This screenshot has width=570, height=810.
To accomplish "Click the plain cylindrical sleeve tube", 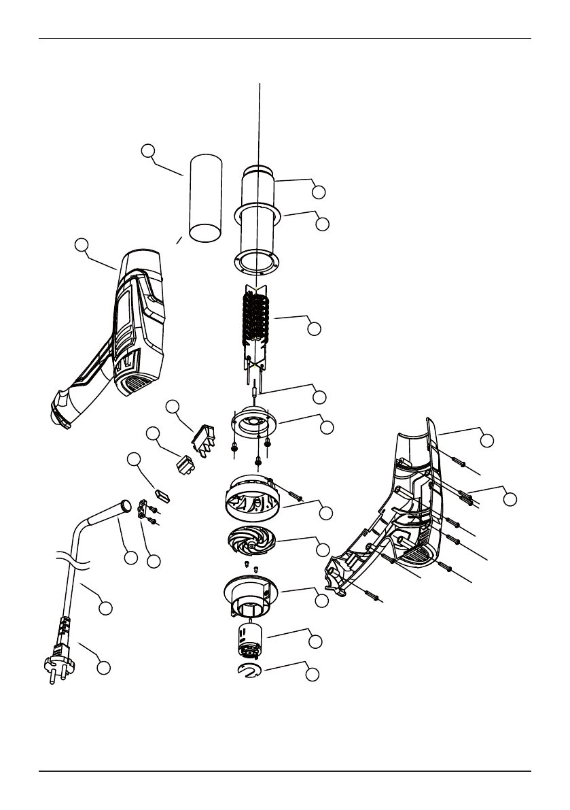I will click(205, 198).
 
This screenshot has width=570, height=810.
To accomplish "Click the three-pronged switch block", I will click(204, 438).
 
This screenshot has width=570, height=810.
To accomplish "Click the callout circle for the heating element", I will click(314, 328).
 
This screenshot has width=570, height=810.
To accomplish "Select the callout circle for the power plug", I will click(103, 667).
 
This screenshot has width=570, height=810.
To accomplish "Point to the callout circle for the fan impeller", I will click(323, 549).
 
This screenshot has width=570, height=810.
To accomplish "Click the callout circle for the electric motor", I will click(315, 641).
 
